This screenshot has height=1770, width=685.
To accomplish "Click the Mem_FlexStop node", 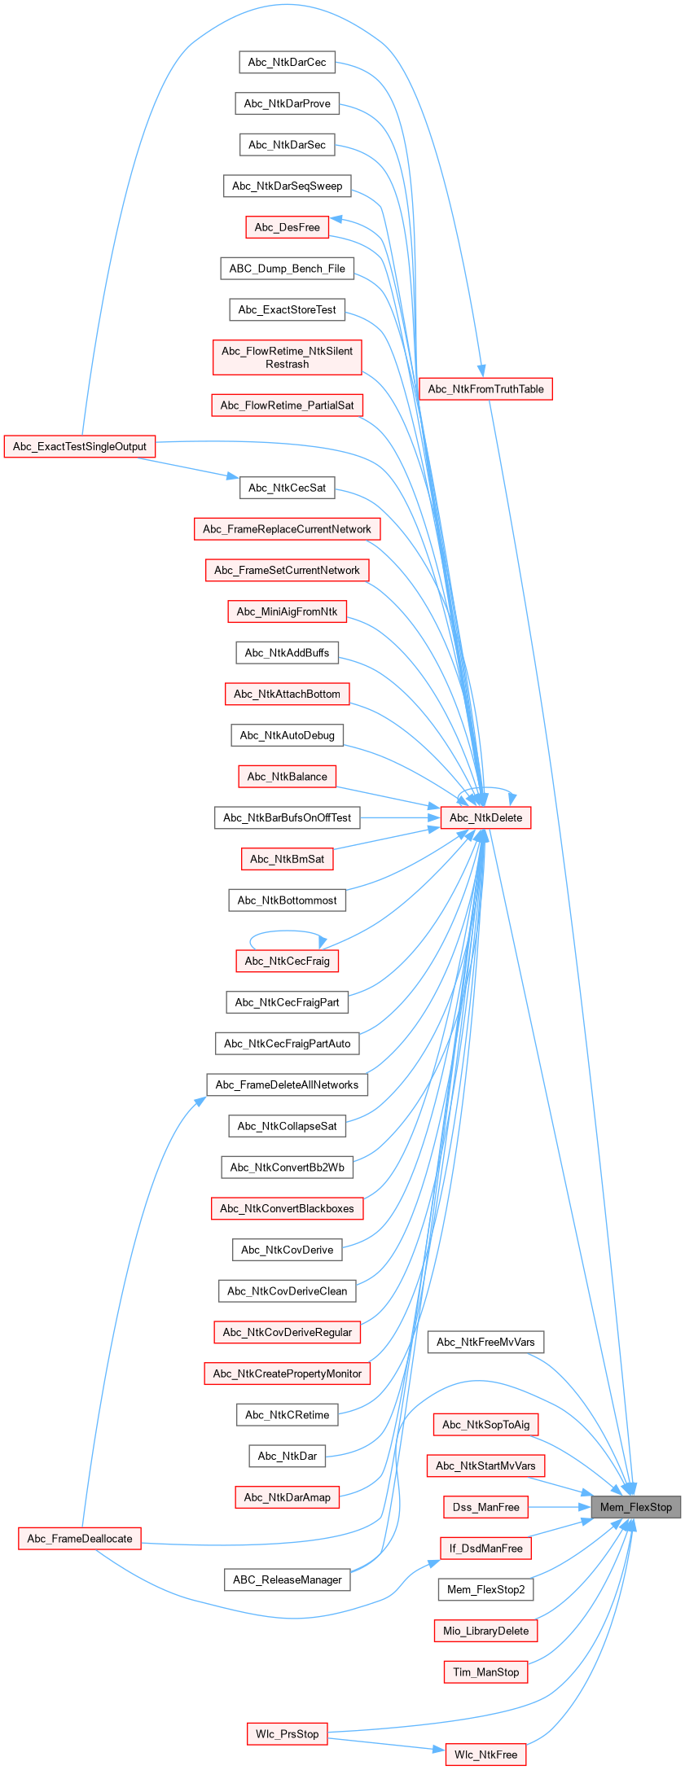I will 635,1507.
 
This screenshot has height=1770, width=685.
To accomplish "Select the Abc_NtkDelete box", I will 485,817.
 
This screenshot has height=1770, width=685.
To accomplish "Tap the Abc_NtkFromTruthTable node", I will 485,389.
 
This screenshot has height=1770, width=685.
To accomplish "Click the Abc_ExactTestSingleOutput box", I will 80,446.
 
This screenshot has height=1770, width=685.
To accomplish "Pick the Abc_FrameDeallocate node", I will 80,1538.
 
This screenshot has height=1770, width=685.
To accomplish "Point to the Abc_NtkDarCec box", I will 287,63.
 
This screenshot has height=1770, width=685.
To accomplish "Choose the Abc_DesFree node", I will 287,227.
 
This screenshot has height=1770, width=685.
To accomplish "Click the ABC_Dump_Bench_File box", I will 287,269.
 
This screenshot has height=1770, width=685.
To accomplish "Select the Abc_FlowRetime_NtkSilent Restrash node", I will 287,357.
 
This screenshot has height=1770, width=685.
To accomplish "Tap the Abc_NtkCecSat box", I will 287,488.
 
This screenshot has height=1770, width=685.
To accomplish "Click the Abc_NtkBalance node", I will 287,777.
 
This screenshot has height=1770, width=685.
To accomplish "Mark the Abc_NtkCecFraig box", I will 287,961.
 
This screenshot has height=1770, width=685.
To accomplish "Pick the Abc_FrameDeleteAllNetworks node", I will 287,1084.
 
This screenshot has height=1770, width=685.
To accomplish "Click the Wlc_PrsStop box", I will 287,1733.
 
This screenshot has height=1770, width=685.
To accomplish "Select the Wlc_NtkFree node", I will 485,1755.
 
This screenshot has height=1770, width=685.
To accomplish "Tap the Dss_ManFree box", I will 485,1507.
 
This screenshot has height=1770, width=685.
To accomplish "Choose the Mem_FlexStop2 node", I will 485,1589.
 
